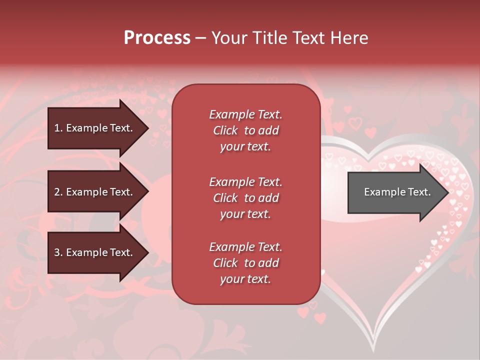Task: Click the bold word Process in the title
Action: point(157,38)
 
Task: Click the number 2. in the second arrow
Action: point(58,192)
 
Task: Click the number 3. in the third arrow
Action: point(58,252)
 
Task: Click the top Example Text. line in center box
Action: point(245,114)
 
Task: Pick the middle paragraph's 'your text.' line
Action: point(245,214)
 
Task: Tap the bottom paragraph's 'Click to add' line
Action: point(245,263)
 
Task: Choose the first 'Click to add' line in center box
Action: point(245,130)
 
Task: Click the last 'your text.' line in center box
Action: point(245,279)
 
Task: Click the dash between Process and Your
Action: point(200,38)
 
